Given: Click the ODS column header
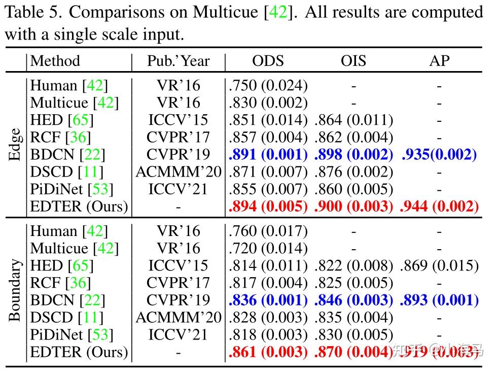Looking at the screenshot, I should tap(268, 61).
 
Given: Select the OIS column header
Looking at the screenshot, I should tap(354, 61).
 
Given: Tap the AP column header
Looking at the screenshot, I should tap(439, 61).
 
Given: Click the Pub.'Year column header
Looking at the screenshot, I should tap(178, 61).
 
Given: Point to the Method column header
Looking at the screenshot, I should tap(55, 61).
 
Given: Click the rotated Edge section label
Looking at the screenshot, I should tap(15, 145).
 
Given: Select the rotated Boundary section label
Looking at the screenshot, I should tap(15, 290).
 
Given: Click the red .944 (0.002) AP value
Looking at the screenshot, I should tap(439, 207).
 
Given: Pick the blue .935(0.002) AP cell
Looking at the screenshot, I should tap(439, 155).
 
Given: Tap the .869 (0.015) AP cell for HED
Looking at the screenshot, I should tap(439, 265).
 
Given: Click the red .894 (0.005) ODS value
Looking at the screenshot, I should tap(268, 207).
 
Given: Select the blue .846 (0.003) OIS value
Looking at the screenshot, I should tap(354, 300).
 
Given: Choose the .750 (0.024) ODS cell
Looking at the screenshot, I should tap(268, 86).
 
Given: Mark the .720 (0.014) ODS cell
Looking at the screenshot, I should tap(268, 248).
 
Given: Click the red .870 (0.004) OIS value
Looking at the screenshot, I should tap(354, 352).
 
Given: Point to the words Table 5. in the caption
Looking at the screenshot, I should tap(31, 12).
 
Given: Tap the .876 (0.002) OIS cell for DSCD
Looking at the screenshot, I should tap(354, 172).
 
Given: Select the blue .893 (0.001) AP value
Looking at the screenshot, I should tap(439, 300).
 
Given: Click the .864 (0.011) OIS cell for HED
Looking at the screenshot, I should tap(354, 120).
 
